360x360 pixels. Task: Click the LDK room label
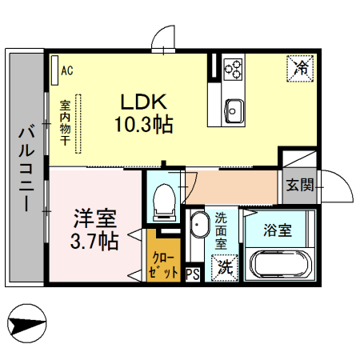tap(143, 102)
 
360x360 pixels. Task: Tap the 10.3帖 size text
tap(143, 124)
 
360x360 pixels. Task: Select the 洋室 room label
tap(94, 218)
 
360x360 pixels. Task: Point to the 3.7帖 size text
tap(94, 239)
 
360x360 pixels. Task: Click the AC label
tap(67, 71)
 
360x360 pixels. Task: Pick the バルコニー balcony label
tap(26, 167)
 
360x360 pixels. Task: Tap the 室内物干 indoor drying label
tap(66, 123)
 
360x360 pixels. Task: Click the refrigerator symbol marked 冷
tap(301, 68)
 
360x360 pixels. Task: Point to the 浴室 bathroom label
tap(278, 230)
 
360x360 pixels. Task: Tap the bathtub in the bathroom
tap(279, 264)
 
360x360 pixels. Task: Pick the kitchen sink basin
tap(234, 108)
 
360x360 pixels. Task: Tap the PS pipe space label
tap(192, 274)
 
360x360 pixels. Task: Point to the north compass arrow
tap(27, 323)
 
